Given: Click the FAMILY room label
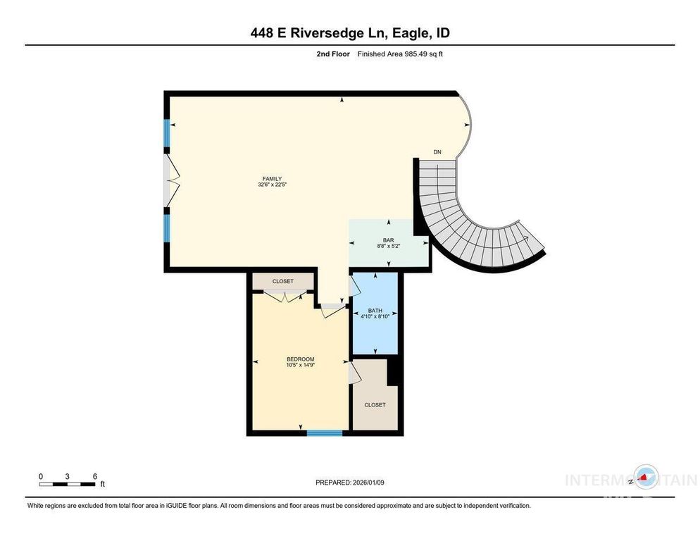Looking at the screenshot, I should tap(271, 178).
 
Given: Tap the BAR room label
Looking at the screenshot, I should tap(387, 240).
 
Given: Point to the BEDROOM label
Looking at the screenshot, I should tap(300, 359).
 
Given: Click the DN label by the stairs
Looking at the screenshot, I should tap(437, 152).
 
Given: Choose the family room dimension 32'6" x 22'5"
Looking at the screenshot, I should tap(271, 185).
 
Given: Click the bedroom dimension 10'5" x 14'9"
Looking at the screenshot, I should tap(300, 365).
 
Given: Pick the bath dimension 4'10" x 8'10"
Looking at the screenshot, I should tap(375, 316).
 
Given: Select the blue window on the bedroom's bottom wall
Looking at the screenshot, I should tap(325, 432).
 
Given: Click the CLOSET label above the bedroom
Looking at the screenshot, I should tap(283, 281).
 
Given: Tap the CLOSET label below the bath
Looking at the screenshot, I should tap(375, 405).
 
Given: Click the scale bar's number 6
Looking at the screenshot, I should tap(94, 476).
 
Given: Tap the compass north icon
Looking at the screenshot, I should tap(645, 478).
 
